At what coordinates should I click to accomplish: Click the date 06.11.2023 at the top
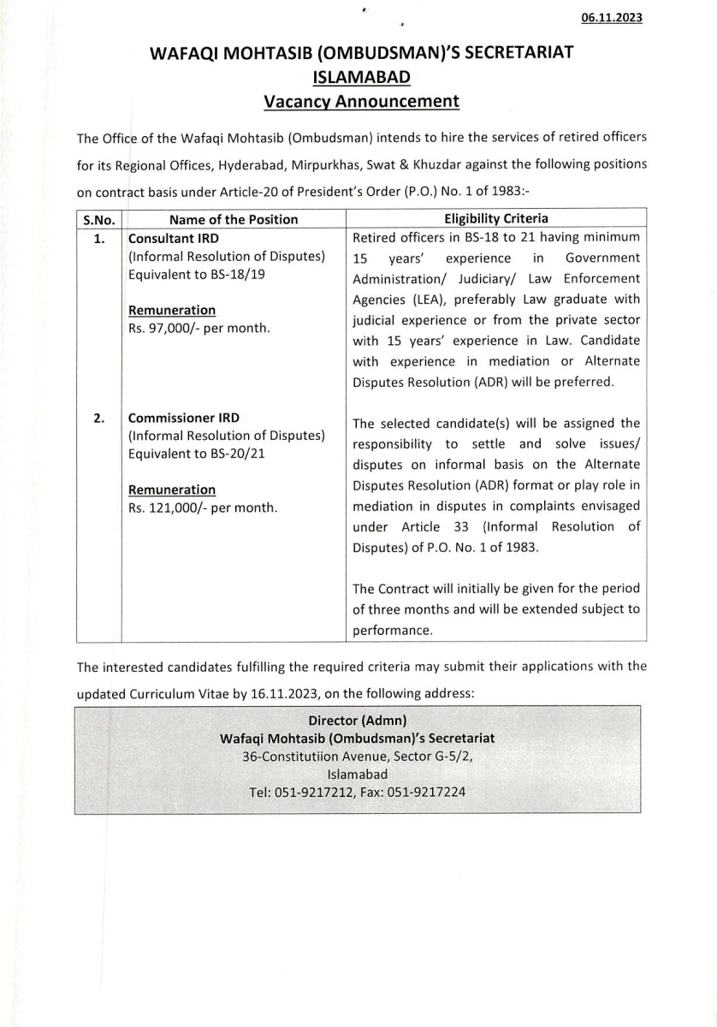pos(611,18)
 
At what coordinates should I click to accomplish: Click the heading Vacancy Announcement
pos(361,101)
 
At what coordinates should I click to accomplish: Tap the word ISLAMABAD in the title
pos(361,77)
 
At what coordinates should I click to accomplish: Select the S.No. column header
pos(98,219)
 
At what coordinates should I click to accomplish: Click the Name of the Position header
pos(234,219)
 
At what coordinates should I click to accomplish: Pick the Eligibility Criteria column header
pos(496,219)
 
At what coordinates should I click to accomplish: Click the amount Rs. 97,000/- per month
pos(199,328)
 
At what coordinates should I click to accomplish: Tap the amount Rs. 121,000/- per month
pos(203,508)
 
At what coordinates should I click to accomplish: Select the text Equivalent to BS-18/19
pos(196,276)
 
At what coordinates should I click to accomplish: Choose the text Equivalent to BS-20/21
pos(196,454)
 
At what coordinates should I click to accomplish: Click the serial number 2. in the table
pos(98,418)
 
